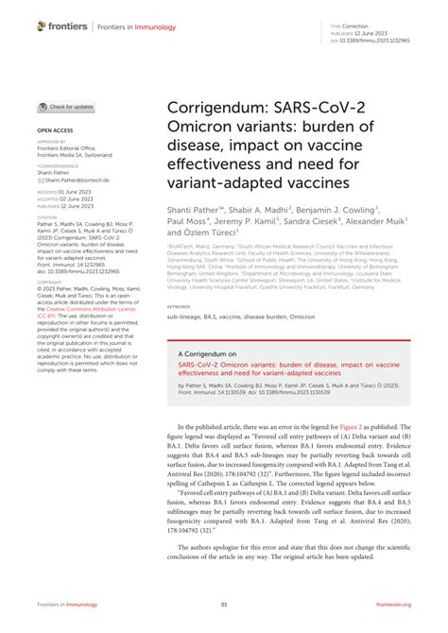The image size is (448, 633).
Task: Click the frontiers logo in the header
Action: pos(63,26)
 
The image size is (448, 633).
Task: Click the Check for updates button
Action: pos(65,107)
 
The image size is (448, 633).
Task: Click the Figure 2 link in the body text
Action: pos(344,427)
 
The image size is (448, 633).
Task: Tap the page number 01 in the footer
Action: pos(224,606)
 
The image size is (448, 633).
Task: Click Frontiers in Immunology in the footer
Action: pos(65,606)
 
